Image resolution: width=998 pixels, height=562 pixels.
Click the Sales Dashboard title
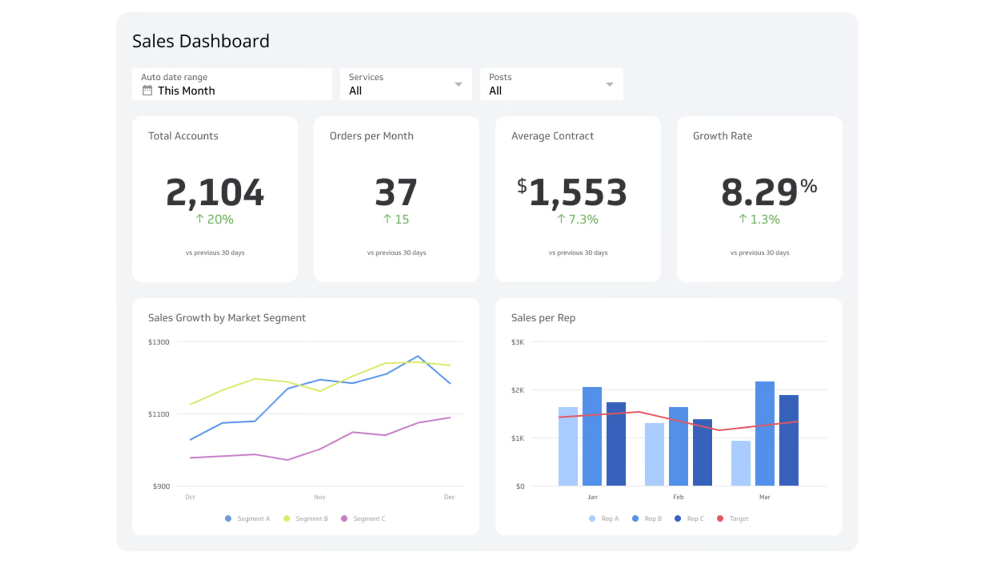point(201,41)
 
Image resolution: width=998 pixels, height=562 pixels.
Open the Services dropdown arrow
point(458,84)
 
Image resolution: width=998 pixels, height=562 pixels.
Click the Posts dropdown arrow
point(609,84)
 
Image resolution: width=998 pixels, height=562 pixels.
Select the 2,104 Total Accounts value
point(215,192)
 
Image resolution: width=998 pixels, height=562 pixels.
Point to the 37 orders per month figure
point(396,192)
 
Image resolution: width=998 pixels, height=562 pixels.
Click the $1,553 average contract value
point(572,192)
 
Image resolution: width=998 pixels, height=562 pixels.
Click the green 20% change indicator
point(215,219)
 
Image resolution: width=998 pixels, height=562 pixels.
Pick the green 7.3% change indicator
point(578,219)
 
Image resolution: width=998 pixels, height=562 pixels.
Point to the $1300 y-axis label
point(159,342)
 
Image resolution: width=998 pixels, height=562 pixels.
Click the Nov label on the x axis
point(320,497)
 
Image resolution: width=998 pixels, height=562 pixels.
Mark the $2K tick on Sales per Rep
point(518,390)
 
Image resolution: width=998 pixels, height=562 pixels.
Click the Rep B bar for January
point(592,436)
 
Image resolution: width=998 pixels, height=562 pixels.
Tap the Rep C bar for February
point(702,452)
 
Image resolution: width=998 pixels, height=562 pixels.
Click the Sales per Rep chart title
point(543,318)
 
